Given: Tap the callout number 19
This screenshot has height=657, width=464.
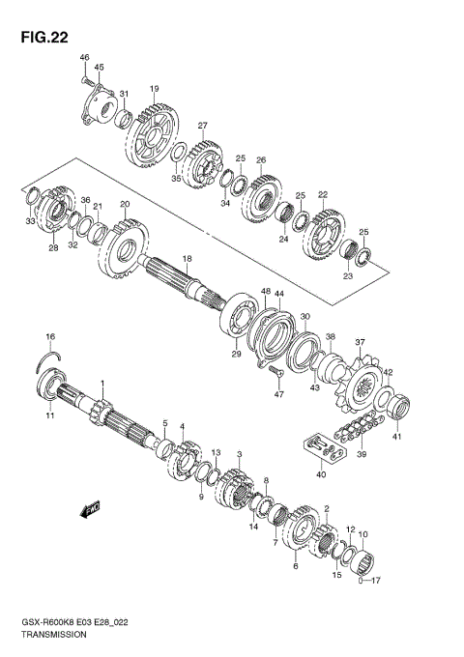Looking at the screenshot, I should tap(154, 89).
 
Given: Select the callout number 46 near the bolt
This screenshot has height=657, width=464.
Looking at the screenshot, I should tap(84, 60).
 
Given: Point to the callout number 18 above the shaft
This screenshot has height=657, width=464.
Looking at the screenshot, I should tap(188, 259).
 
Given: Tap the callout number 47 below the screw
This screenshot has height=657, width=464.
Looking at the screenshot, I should tap(278, 395).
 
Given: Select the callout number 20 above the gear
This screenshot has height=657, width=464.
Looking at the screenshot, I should tap(124, 205).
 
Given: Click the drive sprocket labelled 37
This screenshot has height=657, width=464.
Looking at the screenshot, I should tap(364, 387).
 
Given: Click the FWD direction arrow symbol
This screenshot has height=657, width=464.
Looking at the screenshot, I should tap(92, 506).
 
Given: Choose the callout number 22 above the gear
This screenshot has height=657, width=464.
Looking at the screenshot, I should tap(323, 194).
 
